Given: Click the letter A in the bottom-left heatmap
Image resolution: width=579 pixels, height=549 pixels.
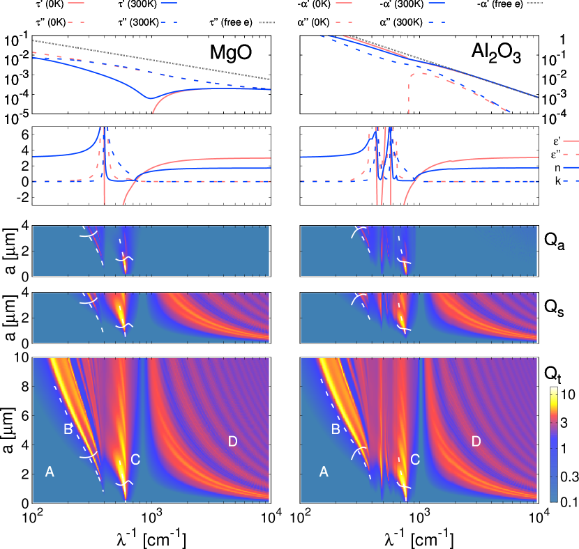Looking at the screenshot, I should click(50, 472).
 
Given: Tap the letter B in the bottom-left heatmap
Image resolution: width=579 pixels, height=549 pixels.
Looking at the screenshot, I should click(68, 429).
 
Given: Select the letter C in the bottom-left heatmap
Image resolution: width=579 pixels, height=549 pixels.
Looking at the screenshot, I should click(135, 460).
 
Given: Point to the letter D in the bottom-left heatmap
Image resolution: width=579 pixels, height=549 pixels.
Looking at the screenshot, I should click(233, 441).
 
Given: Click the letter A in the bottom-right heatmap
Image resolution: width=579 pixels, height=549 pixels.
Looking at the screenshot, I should click(324, 472).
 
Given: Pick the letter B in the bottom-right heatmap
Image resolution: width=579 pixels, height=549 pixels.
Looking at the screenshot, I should click(336, 429).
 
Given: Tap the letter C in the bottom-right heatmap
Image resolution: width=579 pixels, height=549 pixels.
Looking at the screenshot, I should click(415, 460).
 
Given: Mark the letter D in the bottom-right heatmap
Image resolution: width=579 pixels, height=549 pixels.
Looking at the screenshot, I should click(476, 441).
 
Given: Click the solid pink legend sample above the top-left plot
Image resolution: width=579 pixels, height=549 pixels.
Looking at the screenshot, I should click(76, 3).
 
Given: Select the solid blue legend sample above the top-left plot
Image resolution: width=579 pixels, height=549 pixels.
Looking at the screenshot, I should click(169, 3).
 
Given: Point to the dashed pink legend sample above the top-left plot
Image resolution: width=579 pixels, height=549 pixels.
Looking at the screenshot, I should click(76, 22).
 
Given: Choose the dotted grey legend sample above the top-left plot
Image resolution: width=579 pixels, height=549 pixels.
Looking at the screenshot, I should click(267, 22).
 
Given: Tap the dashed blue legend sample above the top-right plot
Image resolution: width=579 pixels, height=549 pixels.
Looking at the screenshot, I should click(437, 22).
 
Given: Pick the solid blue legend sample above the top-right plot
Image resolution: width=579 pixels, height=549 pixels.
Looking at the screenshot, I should click(437, 3).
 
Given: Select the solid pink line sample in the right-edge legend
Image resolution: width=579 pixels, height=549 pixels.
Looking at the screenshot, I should click(571, 140).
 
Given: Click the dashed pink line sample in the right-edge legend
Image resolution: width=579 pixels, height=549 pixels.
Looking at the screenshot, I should click(571, 153).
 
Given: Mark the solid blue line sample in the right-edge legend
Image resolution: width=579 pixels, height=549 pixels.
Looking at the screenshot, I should click(571, 167).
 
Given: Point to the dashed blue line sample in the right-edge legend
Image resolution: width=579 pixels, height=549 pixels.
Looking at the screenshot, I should click(571, 180).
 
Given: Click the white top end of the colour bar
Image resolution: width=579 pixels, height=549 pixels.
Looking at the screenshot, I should click(554, 389).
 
